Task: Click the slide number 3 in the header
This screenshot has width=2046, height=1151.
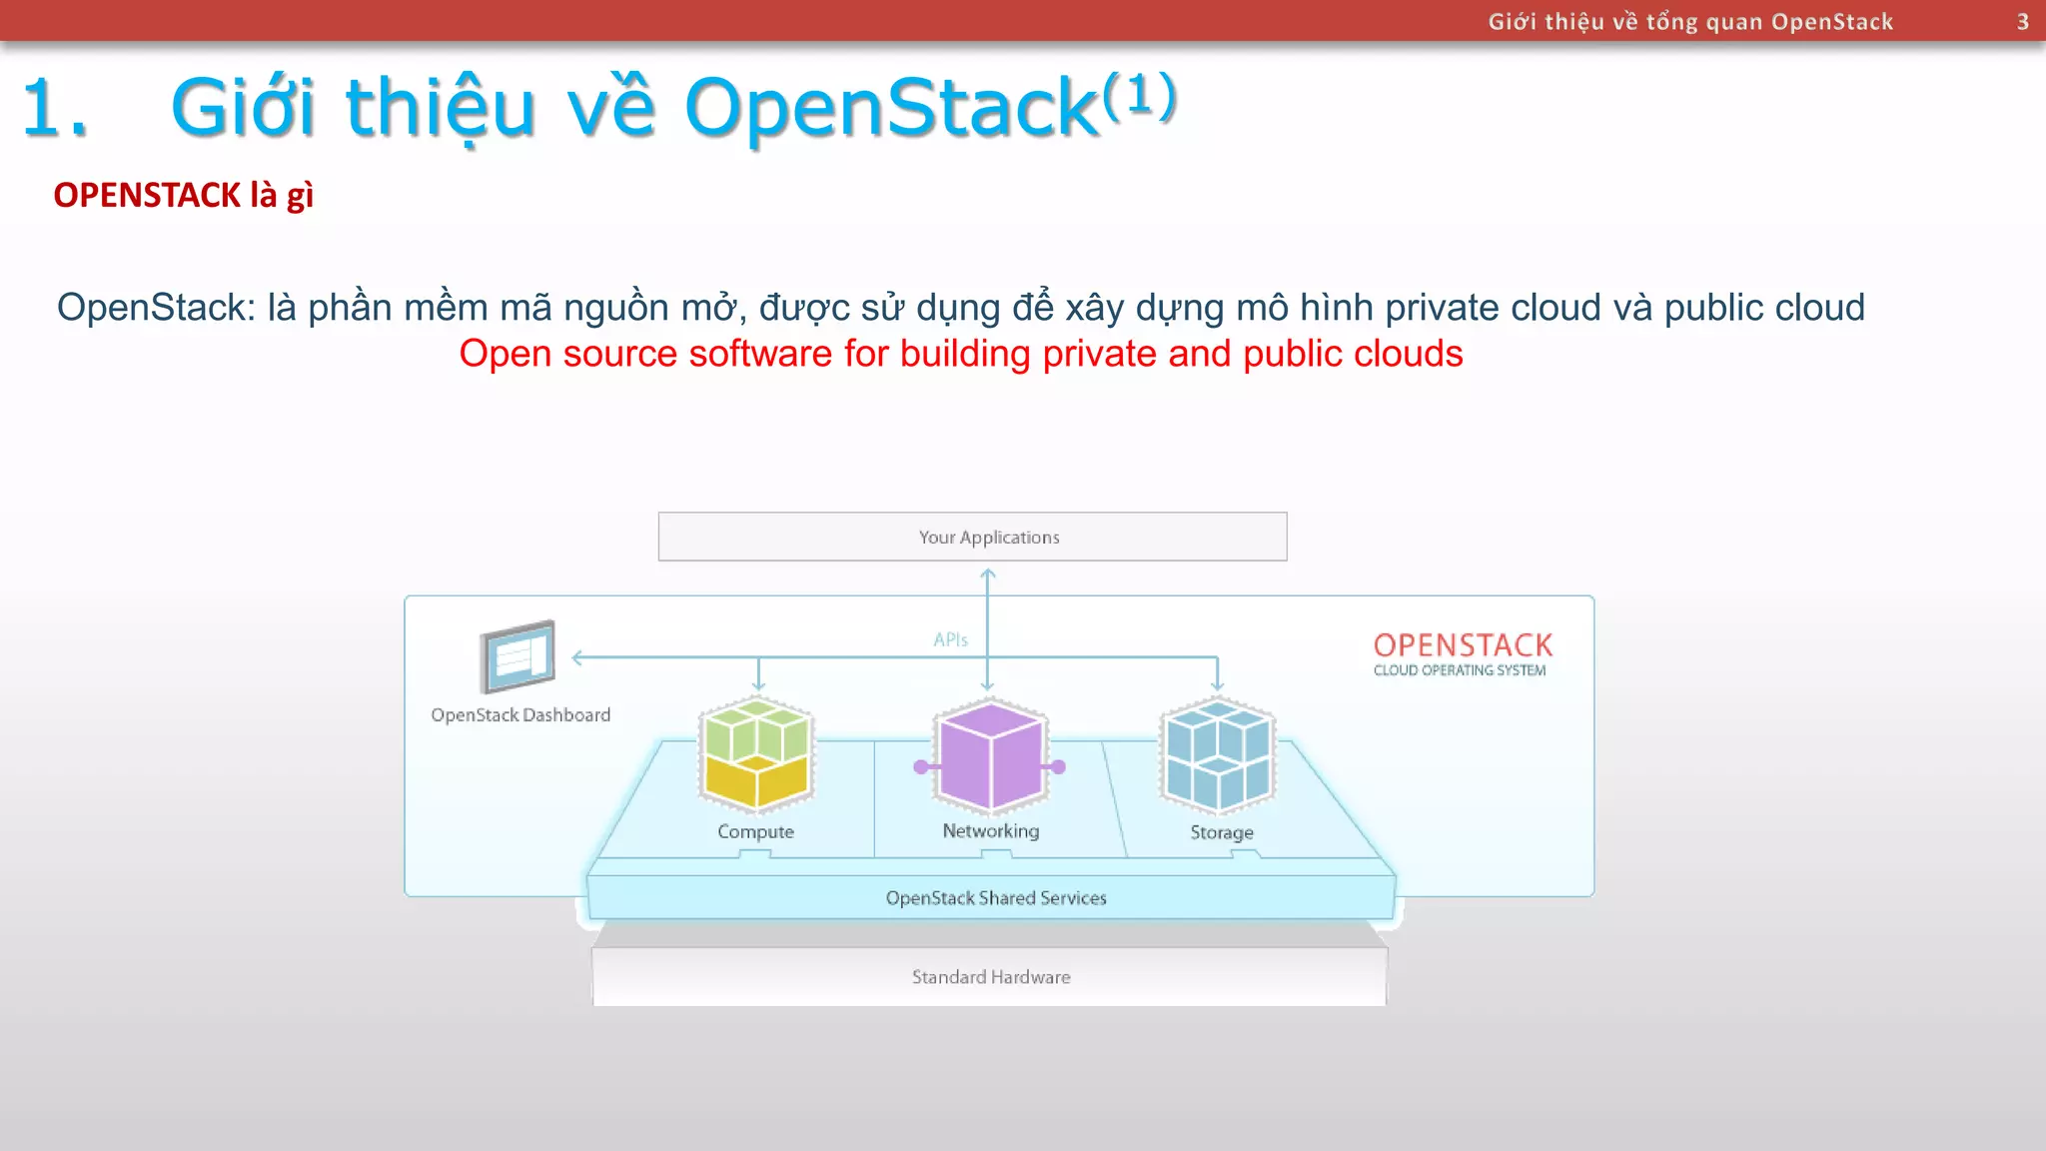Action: [x=2022, y=21]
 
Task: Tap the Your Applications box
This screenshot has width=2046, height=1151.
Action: [x=972, y=537]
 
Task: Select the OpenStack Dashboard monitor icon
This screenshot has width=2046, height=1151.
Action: [x=517, y=656]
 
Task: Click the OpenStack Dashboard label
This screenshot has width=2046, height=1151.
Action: [x=520, y=715]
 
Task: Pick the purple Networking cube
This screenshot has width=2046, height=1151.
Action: [x=990, y=754]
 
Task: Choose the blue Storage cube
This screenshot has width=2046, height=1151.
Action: [x=1218, y=754]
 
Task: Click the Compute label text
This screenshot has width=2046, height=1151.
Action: [x=755, y=831]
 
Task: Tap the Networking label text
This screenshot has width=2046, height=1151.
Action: [x=990, y=830]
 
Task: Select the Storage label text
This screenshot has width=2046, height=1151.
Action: [x=1221, y=832]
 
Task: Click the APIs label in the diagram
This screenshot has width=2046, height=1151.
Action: [x=950, y=639]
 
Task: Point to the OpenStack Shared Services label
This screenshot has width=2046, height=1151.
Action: [x=996, y=898]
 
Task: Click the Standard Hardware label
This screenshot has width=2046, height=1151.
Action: [x=990, y=977]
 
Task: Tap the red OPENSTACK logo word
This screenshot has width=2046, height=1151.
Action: [x=1463, y=644]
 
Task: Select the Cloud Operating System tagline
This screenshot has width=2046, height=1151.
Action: [x=1459, y=670]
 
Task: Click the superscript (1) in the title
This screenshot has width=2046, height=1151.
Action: [x=1139, y=97]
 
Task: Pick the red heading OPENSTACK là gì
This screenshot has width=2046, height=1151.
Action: [x=183, y=195]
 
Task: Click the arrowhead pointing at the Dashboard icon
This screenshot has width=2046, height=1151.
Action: [x=577, y=657]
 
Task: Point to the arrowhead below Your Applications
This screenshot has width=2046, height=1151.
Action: [x=987, y=575]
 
